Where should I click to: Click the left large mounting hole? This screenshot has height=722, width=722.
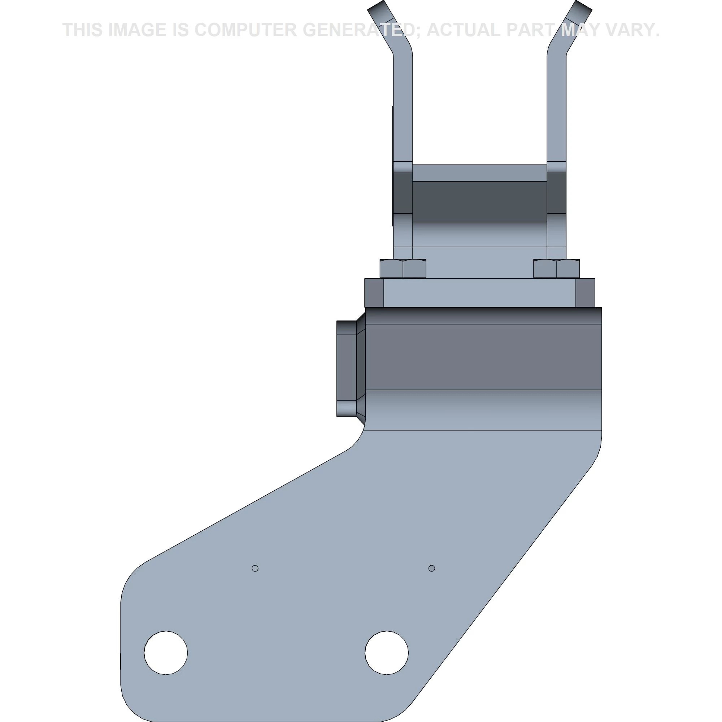pyautogui.click(x=166, y=653)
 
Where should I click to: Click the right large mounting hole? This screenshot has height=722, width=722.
pyautogui.click(x=386, y=653)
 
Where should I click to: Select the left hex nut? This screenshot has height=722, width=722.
pyautogui.click(x=403, y=268)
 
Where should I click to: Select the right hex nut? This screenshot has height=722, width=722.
pyautogui.click(x=557, y=268)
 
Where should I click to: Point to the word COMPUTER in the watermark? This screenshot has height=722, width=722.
pyautogui.click(x=246, y=30)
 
